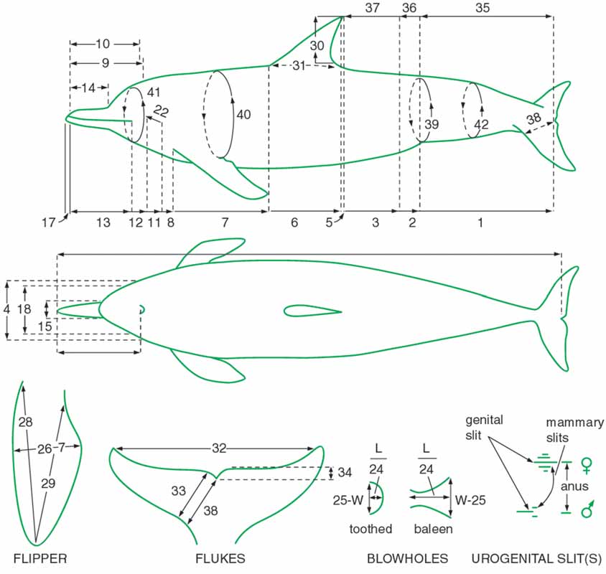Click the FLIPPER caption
[x=40, y=558]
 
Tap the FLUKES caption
[x=220, y=558]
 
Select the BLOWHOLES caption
[x=407, y=558]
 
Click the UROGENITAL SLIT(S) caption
[x=536, y=558]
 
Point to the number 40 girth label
[x=243, y=114]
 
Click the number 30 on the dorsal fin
[x=317, y=46]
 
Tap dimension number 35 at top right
[x=483, y=8]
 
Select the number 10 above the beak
[x=103, y=44]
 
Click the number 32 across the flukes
[x=219, y=448]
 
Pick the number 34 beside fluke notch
[x=345, y=472]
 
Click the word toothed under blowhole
[x=370, y=528]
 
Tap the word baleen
[x=433, y=528]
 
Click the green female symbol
[x=587, y=466]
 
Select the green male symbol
[x=587, y=509]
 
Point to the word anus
[x=574, y=486]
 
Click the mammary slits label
[x=574, y=430]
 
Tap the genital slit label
[x=484, y=427]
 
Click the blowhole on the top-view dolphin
[x=142, y=309]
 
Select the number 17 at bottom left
[x=49, y=222]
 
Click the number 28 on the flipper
[x=26, y=422]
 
